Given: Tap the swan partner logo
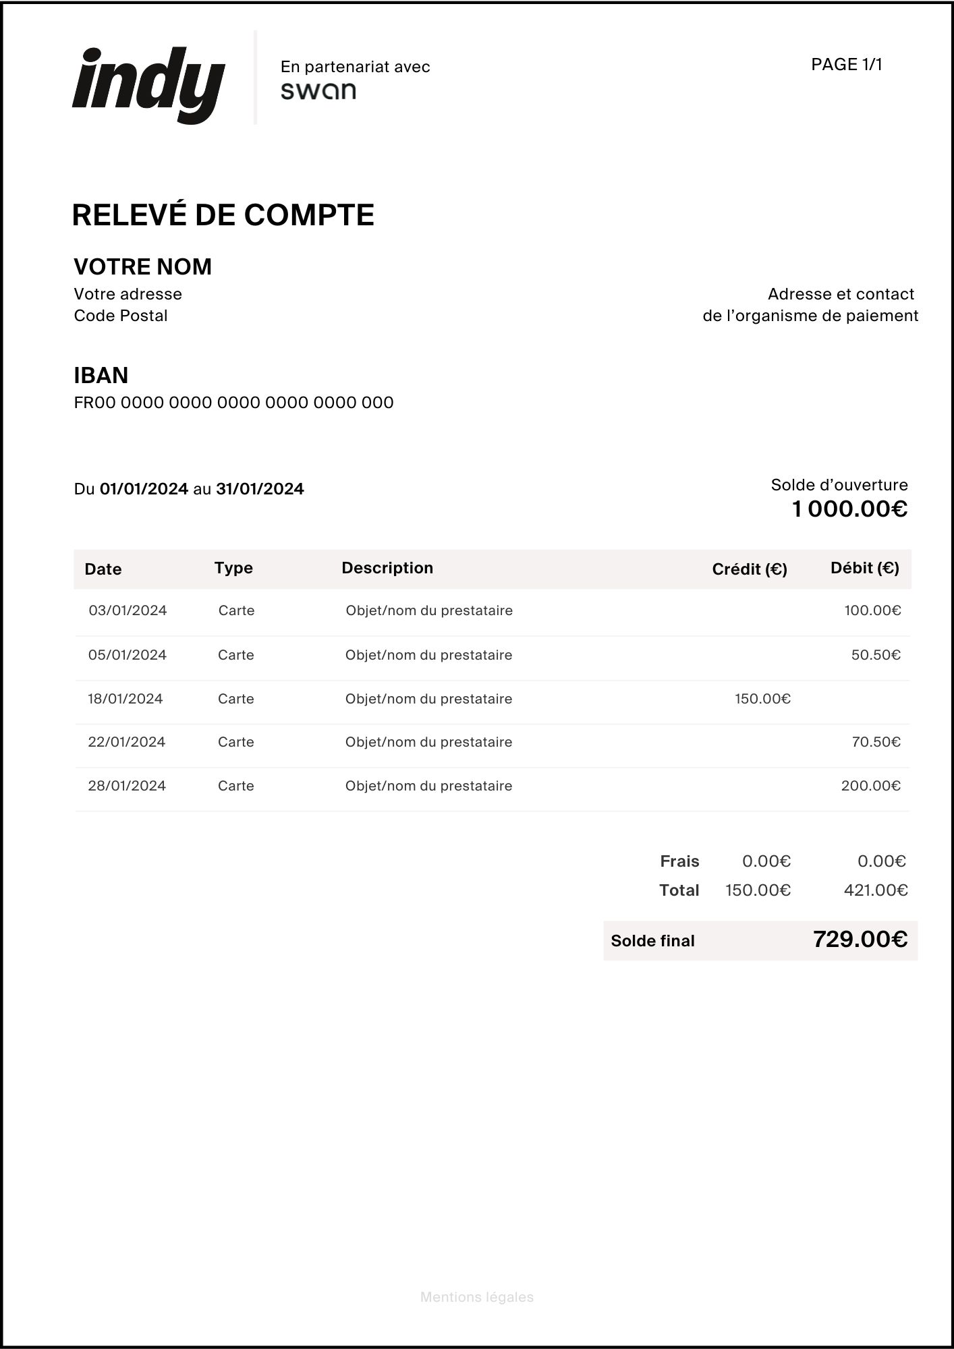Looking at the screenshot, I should pyautogui.click(x=318, y=91).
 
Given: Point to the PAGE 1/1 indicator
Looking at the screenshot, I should pyautogui.click(x=847, y=64).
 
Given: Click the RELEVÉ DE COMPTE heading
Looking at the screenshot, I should pyautogui.click(x=223, y=215).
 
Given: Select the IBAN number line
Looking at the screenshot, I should pyautogui.click(x=233, y=403).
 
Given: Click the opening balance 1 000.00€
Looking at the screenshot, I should pyautogui.click(x=849, y=509).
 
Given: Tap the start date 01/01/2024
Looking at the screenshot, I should pyautogui.click(x=144, y=489).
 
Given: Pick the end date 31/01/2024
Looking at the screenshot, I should pyautogui.click(x=260, y=489).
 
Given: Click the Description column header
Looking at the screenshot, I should pyautogui.click(x=387, y=568).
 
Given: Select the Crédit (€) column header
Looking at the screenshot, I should pyautogui.click(x=750, y=569).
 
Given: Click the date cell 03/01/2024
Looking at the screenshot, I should pyautogui.click(x=128, y=610).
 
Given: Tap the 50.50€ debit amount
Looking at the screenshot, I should pyautogui.click(x=876, y=655).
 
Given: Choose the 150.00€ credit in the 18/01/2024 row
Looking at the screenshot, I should pyautogui.click(x=762, y=699).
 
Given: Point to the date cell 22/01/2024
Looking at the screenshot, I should pyautogui.click(x=127, y=742).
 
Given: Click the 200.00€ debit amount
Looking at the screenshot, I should pyautogui.click(x=870, y=786).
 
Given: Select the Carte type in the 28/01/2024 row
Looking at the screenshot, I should pyautogui.click(x=236, y=786).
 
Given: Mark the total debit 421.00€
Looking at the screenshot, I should pyautogui.click(x=875, y=890).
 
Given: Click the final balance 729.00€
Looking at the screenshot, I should pyautogui.click(x=860, y=939).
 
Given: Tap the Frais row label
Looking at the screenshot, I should pyautogui.click(x=679, y=861).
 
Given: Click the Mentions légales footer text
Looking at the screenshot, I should pyautogui.click(x=477, y=1297).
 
